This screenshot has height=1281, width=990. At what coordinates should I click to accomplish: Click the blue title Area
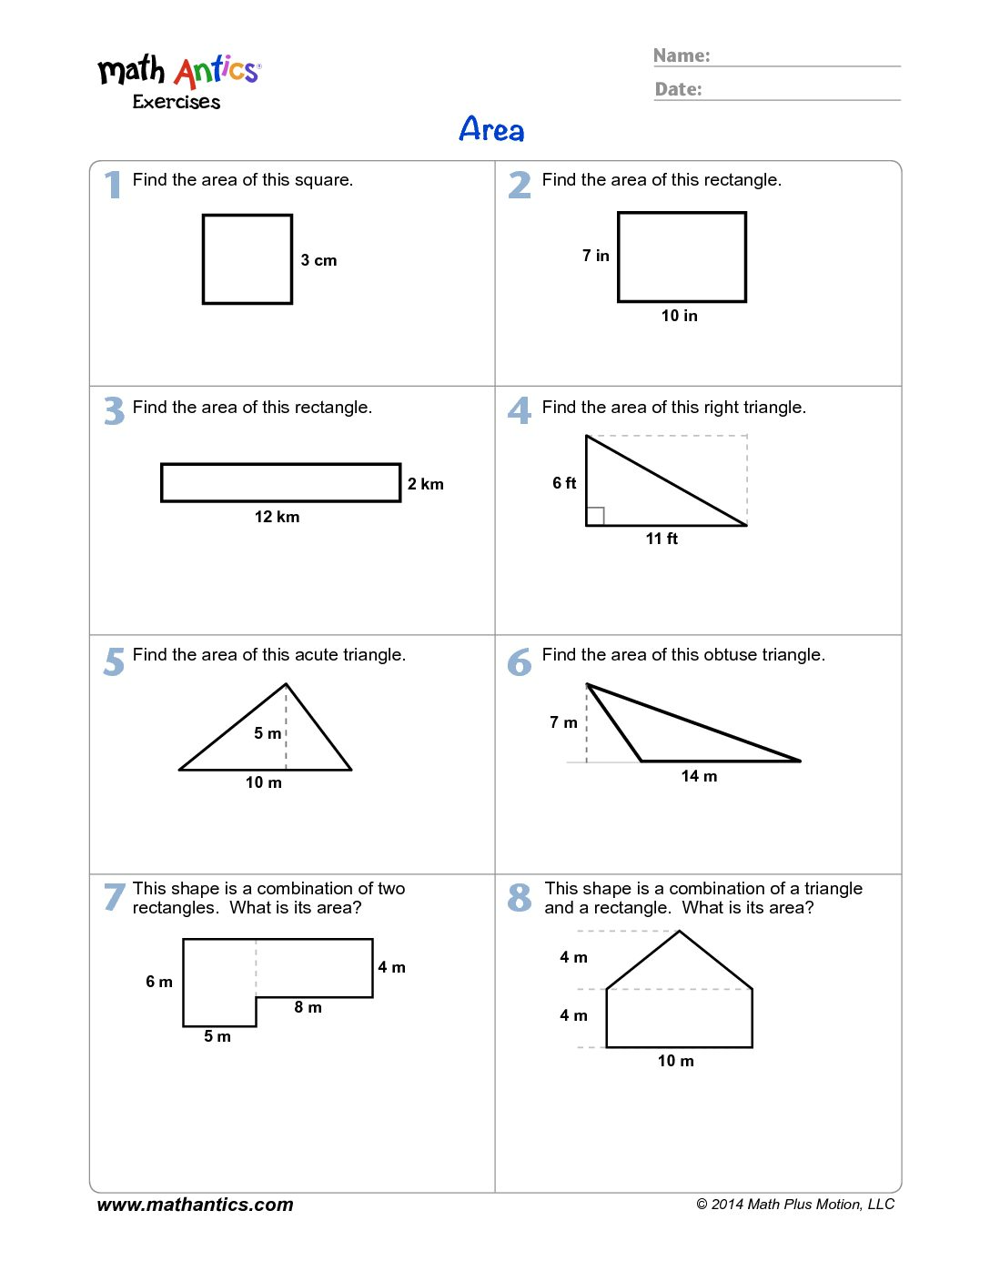[491, 130]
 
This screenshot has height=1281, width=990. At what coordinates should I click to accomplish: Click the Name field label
[682, 55]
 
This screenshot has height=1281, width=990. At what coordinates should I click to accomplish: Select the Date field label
[679, 89]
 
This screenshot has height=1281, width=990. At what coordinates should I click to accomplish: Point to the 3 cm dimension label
[318, 260]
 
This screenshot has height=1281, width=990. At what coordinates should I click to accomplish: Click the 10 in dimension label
[680, 316]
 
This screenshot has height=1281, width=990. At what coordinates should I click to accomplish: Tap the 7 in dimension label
[596, 256]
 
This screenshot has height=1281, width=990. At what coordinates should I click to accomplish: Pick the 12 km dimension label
[277, 517]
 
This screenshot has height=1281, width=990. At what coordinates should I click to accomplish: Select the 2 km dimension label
[425, 484]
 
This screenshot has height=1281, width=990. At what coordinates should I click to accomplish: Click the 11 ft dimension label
[662, 539]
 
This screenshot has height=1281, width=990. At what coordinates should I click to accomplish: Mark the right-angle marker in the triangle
[596, 516]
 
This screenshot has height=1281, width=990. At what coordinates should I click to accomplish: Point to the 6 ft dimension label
[564, 483]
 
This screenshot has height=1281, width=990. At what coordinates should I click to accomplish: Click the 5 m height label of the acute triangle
[268, 733]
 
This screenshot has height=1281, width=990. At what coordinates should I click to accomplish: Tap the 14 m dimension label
[699, 776]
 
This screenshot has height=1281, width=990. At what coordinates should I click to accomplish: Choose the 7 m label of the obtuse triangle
[563, 722]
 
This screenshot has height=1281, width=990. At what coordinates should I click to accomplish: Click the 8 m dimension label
[308, 1007]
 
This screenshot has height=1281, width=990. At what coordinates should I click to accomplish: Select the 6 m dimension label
[159, 982]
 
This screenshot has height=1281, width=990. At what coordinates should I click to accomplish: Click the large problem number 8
[520, 898]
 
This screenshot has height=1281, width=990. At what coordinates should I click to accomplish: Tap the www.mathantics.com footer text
[195, 1205]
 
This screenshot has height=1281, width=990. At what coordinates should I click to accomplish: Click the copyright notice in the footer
[795, 1205]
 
